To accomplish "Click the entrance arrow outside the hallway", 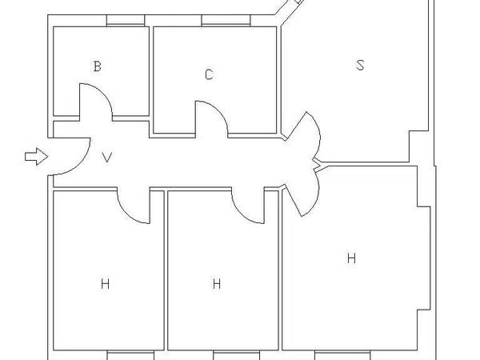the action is coord(37,157).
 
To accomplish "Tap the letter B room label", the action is coord(98,66).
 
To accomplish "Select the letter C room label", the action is coord(209,74).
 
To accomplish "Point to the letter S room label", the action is coord(361,66).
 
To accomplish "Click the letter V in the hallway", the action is coord(107,157).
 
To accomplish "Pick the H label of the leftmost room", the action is coord(105,284).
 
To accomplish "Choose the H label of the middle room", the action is coord(217,284).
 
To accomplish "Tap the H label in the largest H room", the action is coord(351,258).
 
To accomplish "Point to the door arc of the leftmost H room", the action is coord(127,214).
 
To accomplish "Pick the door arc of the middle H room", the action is coord(242,214).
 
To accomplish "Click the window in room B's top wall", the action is coord(126,21).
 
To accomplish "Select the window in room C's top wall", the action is coord(226,21).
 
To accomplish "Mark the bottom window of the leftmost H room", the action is coord(130,355).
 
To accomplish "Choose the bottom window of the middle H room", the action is coord(236,355).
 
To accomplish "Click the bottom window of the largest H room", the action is coord(342,355).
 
